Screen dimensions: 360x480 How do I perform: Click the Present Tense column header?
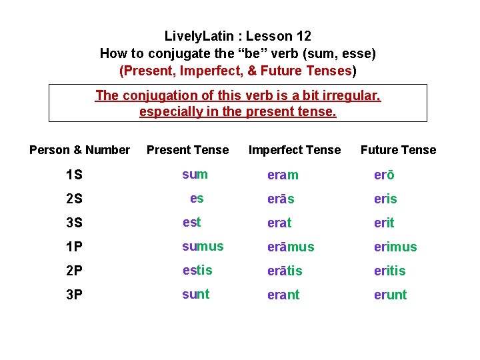(187, 150)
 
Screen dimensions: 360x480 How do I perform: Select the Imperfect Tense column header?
(294, 150)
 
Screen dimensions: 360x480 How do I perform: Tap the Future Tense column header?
(398, 150)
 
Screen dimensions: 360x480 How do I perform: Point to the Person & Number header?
(79, 150)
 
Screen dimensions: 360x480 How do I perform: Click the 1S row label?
(74, 175)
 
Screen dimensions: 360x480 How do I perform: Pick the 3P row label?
(74, 295)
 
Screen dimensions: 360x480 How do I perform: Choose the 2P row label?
(74, 271)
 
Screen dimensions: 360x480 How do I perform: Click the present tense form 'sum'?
(195, 175)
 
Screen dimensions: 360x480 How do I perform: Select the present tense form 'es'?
(197, 198)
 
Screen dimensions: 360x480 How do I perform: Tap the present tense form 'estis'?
(197, 270)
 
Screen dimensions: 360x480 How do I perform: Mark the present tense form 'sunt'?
(196, 294)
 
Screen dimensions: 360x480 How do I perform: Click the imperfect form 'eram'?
(283, 175)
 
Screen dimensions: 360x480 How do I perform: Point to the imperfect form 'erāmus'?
(290, 247)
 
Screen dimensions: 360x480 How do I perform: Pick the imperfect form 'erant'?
(283, 295)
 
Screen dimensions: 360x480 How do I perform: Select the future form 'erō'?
(384, 175)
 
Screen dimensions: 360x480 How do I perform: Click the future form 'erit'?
(384, 223)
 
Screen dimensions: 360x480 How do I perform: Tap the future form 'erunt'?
(390, 295)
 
